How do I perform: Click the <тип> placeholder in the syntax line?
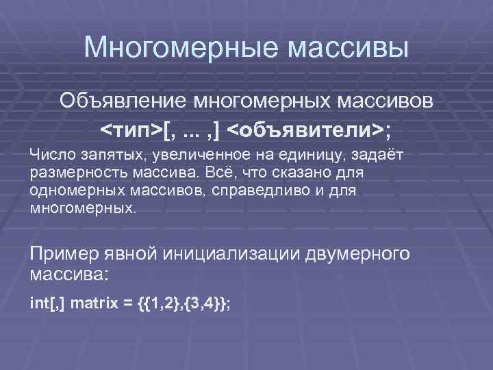(132, 129)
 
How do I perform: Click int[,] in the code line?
(48, 302)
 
